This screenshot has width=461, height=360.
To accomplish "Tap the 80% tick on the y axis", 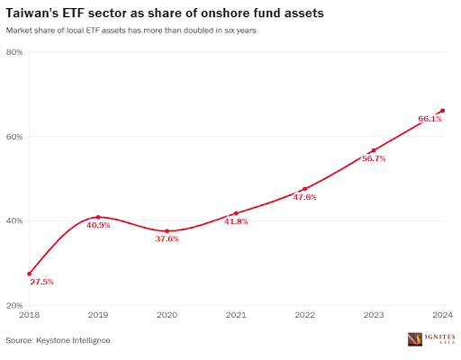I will point(15,52).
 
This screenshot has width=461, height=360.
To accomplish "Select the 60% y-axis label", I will point(15,137).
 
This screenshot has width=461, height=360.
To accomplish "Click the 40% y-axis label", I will point(15,221).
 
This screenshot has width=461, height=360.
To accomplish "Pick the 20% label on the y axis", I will point(15,306).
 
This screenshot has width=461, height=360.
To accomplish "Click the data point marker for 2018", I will point(29,274).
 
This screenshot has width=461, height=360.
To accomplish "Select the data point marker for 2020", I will point(167,231).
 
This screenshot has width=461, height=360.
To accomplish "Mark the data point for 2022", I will point(304,189).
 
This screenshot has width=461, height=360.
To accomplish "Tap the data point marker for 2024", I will point(442,111).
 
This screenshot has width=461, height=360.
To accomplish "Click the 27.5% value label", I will point(41,282).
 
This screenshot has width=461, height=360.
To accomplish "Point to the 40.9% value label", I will point(98,225).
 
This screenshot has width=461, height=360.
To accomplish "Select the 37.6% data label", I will point(167,239).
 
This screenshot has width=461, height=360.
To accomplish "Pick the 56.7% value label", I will point(374,158).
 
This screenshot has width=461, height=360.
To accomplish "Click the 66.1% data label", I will point(429,119).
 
